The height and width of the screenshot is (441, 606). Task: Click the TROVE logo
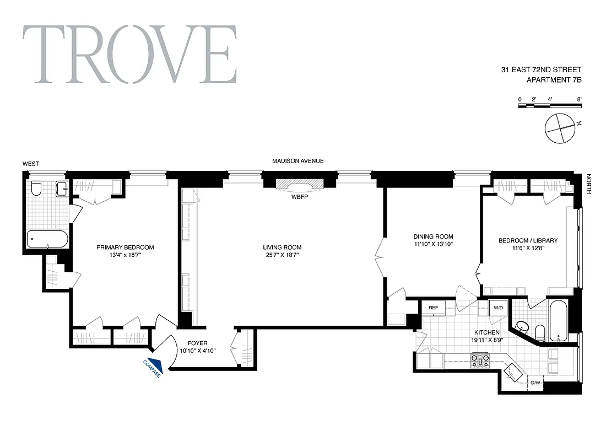[x=130, y=55]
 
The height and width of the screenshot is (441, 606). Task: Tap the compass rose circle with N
[x=560, y=127]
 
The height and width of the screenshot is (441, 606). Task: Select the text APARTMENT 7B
[x=554, y=80]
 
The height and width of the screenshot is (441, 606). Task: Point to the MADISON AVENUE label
[x=298, y=161]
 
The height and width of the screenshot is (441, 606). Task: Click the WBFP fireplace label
[x=299, y=197]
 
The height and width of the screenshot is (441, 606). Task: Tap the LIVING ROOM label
[x=282, y=248]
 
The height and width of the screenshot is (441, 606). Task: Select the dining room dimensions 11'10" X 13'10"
[x=433, y=244]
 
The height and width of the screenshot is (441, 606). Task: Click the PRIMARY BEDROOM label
[x=125, y=248]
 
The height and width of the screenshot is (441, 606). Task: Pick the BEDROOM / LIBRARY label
[x=528, y=240]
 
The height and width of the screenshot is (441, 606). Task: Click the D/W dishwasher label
[x=535, y=383]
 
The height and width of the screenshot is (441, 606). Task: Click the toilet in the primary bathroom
[x=37, y=189]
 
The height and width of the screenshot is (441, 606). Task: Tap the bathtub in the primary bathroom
[x=47, y=239]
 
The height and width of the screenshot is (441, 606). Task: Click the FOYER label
[x=197, y=342]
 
